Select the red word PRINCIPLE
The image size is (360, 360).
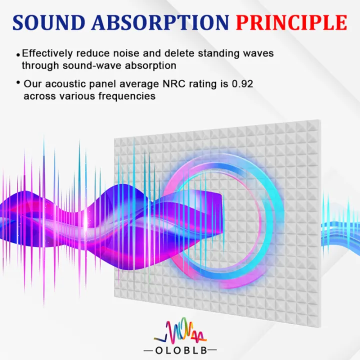point(292,22)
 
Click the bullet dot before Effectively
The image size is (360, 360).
point(18,54)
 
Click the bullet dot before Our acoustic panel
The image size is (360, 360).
point(18,82)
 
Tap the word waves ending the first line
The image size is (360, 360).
point(260,53)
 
